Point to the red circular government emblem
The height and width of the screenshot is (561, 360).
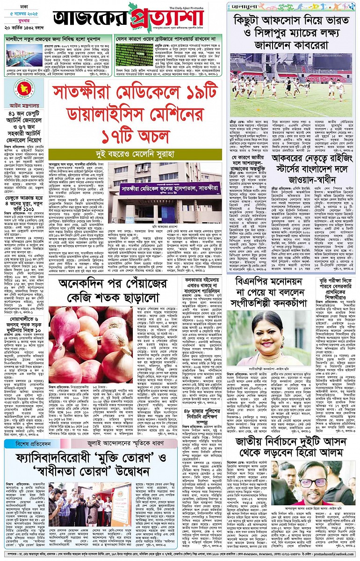pyautogui.click(x=17, y=94)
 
